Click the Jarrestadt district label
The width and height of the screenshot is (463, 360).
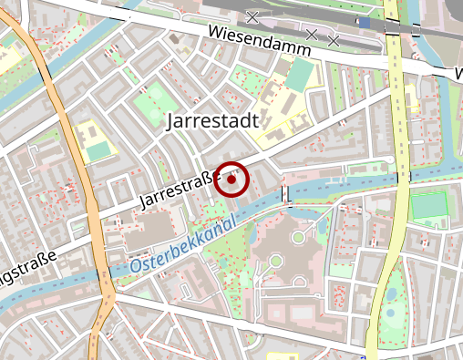(212, 120)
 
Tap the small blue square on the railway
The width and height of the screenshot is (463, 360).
(364, 23)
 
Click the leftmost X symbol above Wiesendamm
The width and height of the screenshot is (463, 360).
(252, 16)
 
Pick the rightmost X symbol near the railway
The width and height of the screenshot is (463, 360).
(334, 41)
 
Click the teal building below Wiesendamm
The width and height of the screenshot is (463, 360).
(298, 76)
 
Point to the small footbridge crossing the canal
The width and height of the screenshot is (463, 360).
(285, 193)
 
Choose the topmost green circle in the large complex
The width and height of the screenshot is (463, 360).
(297, 238)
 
